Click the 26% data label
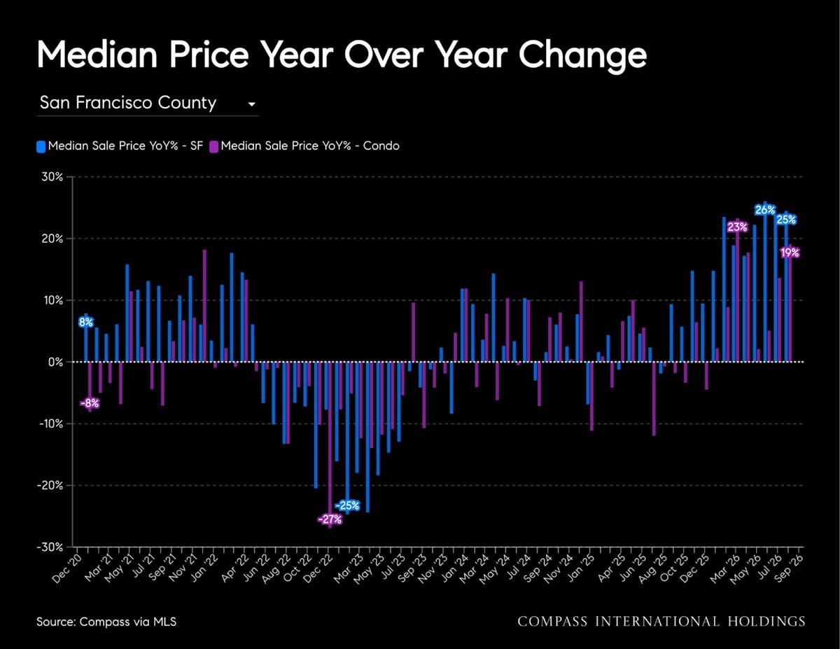765,210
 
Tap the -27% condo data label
330,519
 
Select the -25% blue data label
347,505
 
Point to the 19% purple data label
790,253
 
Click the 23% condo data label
737,228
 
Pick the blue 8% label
86,322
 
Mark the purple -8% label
90,403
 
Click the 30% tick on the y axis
52,177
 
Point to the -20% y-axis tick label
50,485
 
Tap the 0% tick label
56,362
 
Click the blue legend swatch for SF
41,146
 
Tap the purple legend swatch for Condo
213,146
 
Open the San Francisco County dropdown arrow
252,104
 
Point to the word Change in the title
582,57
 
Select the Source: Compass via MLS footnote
106,622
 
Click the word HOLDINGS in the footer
766,622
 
